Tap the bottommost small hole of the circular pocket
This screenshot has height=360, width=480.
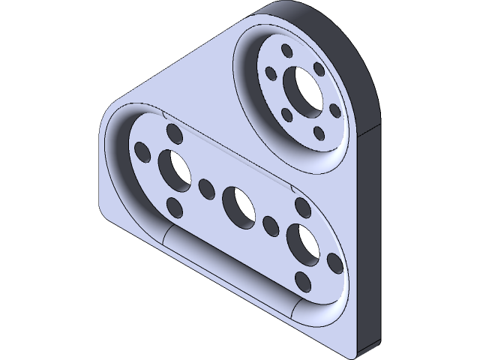point(320,133)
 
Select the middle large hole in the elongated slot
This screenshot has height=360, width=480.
point(238,205)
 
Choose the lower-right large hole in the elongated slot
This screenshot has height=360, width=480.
point(302,242)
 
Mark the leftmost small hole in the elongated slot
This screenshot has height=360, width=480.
point(141,150)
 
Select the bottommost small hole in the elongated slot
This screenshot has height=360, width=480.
point(303,281)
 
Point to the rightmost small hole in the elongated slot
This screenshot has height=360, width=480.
point(335,263)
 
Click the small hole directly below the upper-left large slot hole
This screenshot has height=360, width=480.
point(174,205)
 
